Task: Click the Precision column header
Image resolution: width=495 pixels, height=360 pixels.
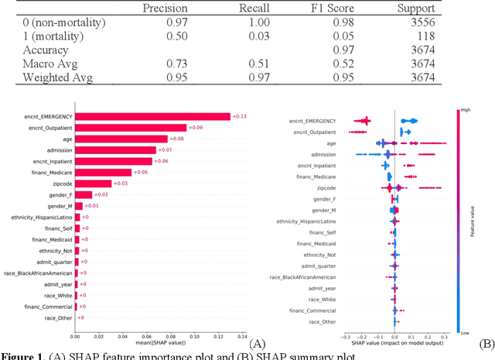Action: (x=166, y=9)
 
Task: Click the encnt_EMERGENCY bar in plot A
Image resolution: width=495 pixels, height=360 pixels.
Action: (x=152, y=116)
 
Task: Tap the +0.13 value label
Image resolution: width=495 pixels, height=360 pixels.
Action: (x=239, y=116)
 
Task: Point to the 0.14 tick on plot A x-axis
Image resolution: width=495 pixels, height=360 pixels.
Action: (x=241, y=336)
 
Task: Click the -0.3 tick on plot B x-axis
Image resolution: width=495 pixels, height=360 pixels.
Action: (x=344, y=338)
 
